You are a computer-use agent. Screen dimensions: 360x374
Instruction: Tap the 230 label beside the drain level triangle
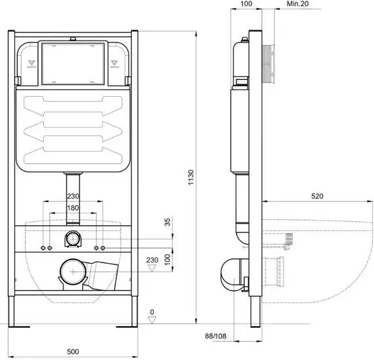tap(153, 260)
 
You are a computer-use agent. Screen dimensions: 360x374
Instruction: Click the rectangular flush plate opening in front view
tap(72, 64)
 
